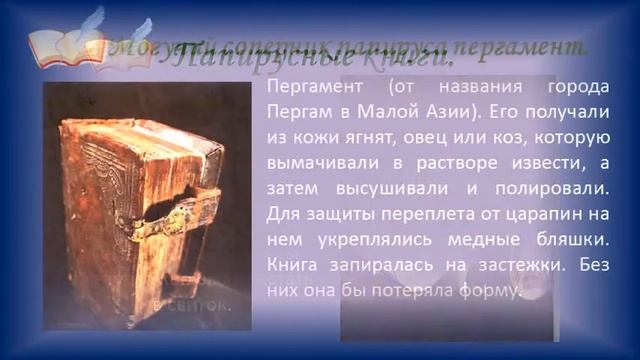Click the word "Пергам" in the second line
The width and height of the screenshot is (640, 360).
click(x=298, y=112)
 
